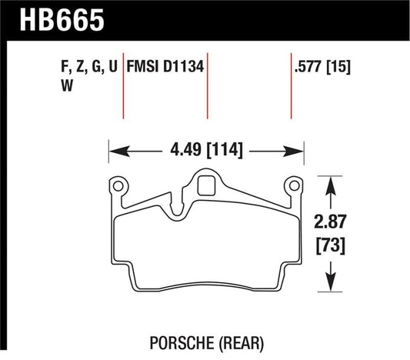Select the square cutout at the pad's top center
206,185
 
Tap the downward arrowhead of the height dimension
330,287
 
